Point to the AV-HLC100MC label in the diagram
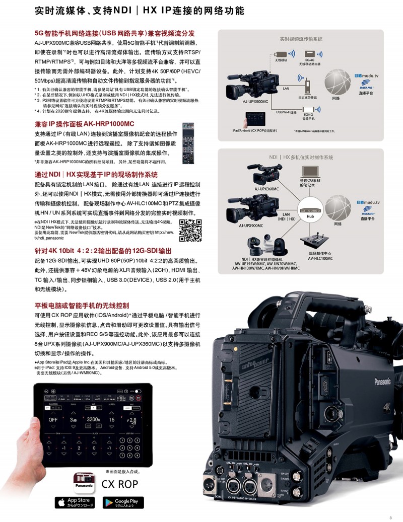(321, 258)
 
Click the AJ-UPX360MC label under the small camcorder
(266, 189)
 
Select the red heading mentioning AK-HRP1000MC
(84, 124)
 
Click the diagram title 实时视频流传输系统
(301, 38)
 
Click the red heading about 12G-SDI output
(103, 250)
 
